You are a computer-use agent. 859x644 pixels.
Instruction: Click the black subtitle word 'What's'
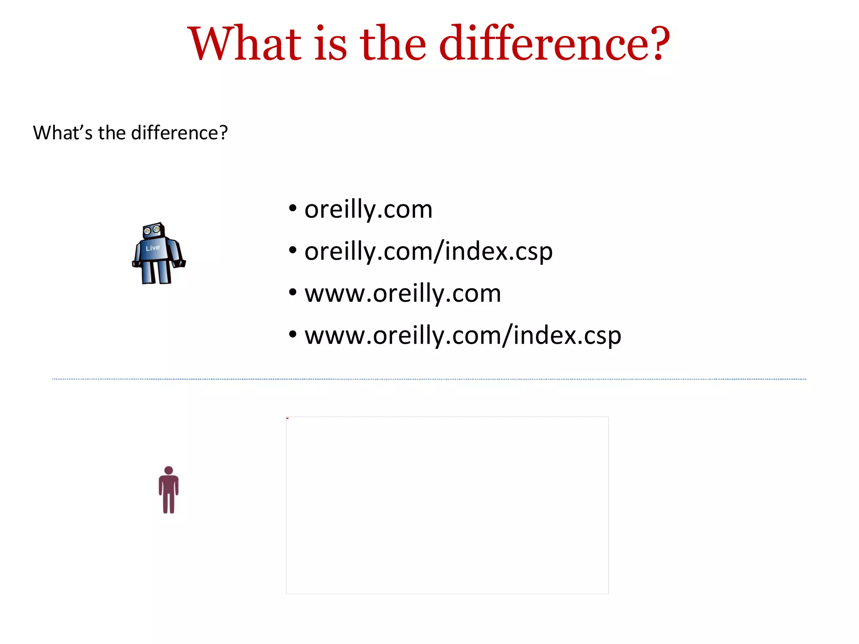click(62, 133)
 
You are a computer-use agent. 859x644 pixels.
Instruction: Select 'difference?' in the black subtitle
click(179, 133)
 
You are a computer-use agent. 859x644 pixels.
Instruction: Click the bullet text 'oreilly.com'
click(368, 209)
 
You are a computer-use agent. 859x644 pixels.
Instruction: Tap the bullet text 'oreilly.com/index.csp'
click(428, 252)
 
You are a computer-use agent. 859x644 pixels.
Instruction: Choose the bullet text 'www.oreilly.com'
click(403, 293)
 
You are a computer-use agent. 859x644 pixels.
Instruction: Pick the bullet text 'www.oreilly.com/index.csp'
click(463, 335)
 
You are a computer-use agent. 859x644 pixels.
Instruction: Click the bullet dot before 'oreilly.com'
click(293, 208)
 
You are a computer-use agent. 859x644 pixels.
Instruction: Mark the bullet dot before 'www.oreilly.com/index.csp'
click(293, 334)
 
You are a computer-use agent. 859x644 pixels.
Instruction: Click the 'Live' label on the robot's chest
click(153, 248)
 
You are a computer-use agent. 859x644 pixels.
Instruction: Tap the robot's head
click(153, 230)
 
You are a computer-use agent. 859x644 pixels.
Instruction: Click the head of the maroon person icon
click(169, 470)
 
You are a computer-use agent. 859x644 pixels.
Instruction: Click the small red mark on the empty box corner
click(288, 418)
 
